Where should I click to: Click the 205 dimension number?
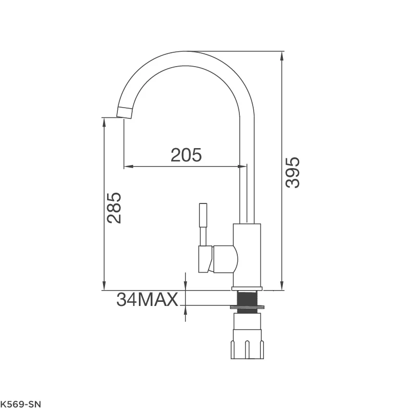186,155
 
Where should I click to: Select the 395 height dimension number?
293,173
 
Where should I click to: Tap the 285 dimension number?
114,208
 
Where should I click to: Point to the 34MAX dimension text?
147,299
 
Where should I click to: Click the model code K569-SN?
20,404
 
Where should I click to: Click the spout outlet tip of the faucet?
125,113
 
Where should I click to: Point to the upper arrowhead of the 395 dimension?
281,56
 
